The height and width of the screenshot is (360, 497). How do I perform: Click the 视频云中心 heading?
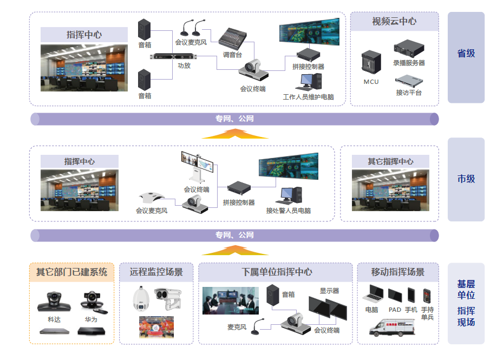click(x=394, y=22)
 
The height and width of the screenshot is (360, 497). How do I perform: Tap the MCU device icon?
click(x=371, y=63)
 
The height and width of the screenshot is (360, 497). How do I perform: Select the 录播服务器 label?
click(x=409, y=63)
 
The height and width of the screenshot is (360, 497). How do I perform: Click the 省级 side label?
click(x=466, y=53)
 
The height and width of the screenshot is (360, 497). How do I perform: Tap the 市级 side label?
click(x=466, y=179)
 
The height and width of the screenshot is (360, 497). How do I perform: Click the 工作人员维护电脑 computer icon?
click(x=311, y=82)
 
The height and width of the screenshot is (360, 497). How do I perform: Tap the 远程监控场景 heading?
click(x=156, y=272)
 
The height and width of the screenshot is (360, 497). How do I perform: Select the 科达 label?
click(x=54, y=319)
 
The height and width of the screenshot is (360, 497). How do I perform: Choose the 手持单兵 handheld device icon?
click(x=427, y=295)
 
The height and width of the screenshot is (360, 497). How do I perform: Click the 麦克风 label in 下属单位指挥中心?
click(x=237, y=327)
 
